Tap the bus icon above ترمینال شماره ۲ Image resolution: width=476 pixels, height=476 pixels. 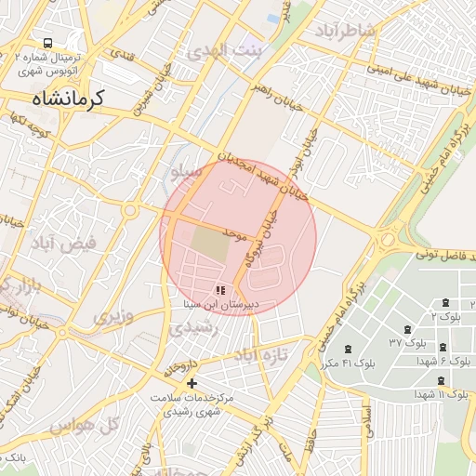(x=46, y=44)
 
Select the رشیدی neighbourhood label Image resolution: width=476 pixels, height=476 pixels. (x=196, y=327)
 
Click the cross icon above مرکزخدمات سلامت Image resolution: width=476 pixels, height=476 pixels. (x=192, y=383)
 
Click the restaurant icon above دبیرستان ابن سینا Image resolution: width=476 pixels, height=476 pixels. (x=219, y=291)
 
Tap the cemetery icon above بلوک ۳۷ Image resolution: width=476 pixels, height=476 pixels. (x=407, y=329)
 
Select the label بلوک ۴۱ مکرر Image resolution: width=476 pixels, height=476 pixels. (x=364, y=362)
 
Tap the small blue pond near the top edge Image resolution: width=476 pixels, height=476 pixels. (x=271, y=18)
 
